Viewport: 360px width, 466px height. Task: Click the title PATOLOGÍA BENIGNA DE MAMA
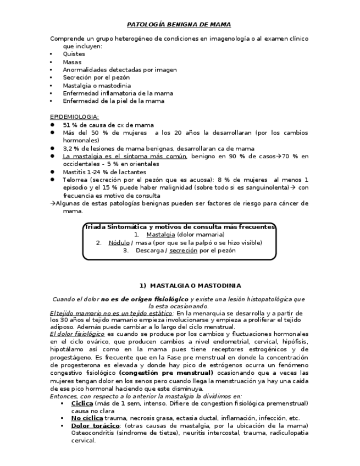click(x=179, y=25)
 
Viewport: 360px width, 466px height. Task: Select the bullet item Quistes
click(x=74, y=54)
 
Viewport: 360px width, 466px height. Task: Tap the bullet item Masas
click(x=72, y=62)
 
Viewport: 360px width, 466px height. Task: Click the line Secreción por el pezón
click(x=96, y=77)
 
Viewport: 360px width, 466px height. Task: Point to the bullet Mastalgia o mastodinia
click(x=97, y=86)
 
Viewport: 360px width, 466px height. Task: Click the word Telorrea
click(x=75, y=180)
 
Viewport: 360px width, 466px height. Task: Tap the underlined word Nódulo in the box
click(x=118, y=242)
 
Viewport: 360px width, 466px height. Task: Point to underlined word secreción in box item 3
click(x=183, y=250)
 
